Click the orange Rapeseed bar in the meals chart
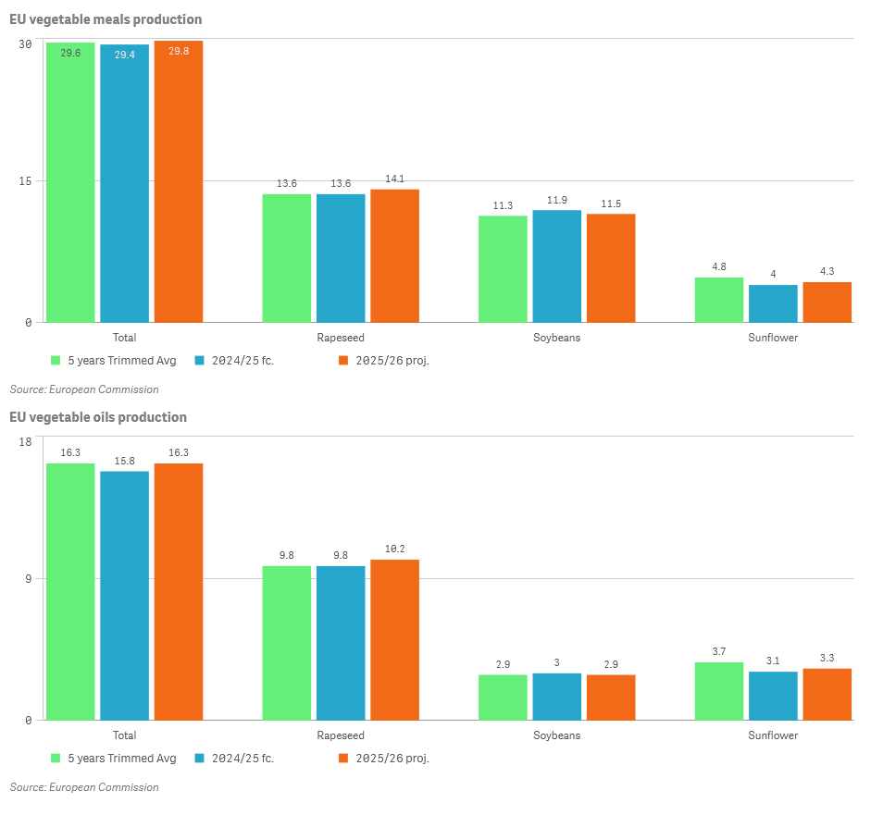pyautogui.click(x=394, y=256)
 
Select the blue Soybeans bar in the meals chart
pyautogui.click(x=556, y=266)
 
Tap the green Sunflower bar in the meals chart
pyautogui.click(x=718, y=300)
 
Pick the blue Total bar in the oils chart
pyautogui.click(x=124, y=596)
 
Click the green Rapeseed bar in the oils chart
pyautogui.click(x=286, y=643)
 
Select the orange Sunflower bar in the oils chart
pyautogui.click(x=827, y=694)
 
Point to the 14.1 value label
pyautogui.click(x=394, y=179)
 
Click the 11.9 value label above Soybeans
pyautogui.click(x=556, y=200)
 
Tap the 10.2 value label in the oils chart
pyautogui.click(x=394, y=550)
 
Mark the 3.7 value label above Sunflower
pyautogui.click(x=718, y=652)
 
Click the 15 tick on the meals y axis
pyautogui.click(x=26, y=181)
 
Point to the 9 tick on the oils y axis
pyautogui.click(x=29, y=579)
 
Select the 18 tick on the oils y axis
pyautogui.click(x=26, y=441)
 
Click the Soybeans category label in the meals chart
pyautogui.click(x=556, y=338)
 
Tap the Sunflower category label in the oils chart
pyautogui.click(x=773, y=735)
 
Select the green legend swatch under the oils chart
pyautogui.click(x=56, y=759)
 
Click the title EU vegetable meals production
pyautogui.click(x=106, y=19)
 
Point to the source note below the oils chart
pyautogui.click(x=84, y=787)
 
